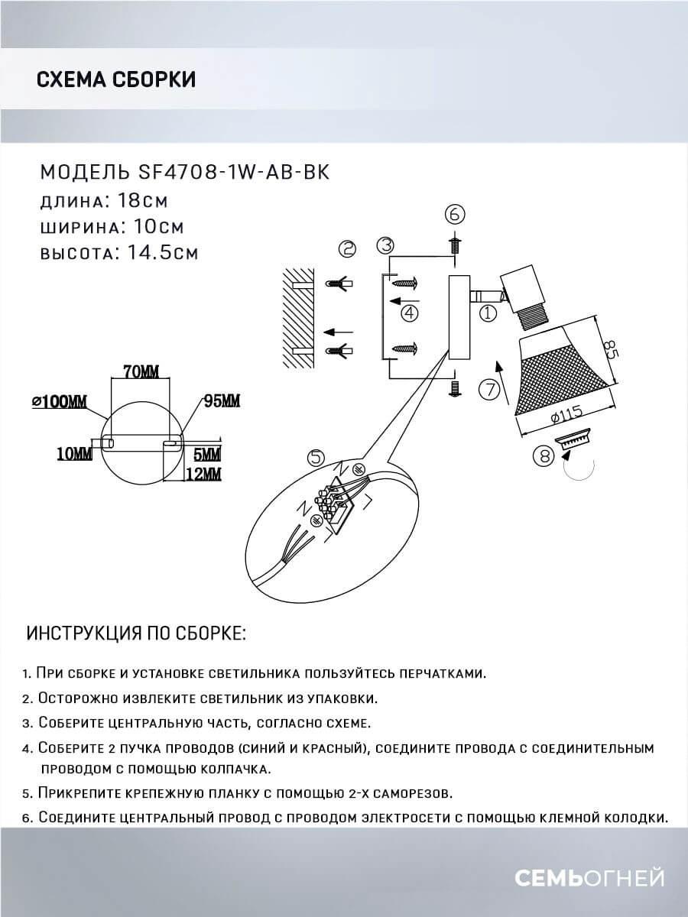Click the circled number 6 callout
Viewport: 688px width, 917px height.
[x=454, y=213]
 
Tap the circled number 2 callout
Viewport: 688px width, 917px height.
[x=348, y=249]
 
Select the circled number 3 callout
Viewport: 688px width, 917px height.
[x=386, y=245]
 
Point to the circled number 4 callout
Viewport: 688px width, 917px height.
[x=411, y=312]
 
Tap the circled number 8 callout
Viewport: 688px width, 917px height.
[x=543, y=456]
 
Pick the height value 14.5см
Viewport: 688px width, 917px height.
[x=159, y=253]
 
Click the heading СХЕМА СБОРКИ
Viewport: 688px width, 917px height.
[x=115, y=79]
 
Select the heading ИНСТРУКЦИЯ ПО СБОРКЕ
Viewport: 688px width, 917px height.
[x=136, y=633]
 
